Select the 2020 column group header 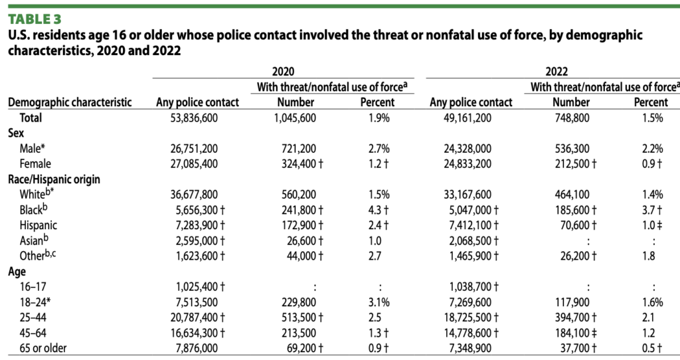(283, 71)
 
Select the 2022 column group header (556, 71)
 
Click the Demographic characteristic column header (69, 102)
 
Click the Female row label (36, 163)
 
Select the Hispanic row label (39, 224)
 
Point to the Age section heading (17, 270)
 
